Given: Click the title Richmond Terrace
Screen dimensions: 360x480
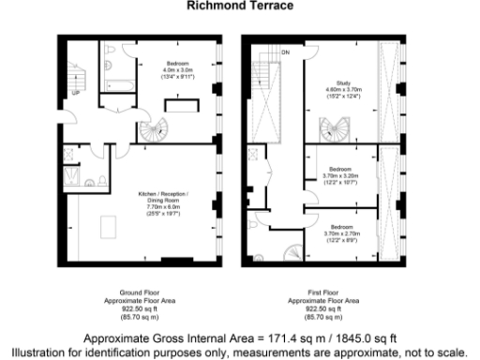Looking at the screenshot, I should point(240,6).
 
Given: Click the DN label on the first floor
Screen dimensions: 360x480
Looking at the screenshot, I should point(285,52).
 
